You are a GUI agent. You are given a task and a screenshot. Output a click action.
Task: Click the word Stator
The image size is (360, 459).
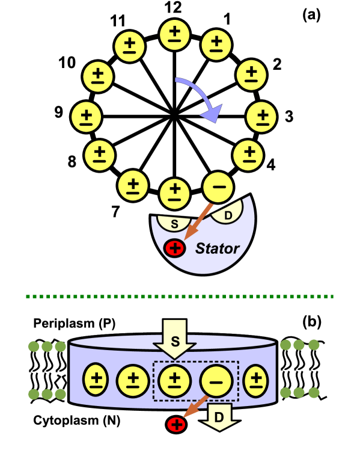coord(217,248)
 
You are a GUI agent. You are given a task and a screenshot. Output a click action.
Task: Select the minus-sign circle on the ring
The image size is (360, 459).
coord(219,188)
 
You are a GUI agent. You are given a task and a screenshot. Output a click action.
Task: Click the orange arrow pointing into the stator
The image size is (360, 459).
coord(198,223)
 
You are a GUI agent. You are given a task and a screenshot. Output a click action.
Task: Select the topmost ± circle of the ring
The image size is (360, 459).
coord(174,35)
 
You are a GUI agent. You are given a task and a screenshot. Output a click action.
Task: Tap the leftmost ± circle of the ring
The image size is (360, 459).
coord(87,116)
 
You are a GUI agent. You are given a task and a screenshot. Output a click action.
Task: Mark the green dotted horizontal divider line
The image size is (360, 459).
coord(180,296)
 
